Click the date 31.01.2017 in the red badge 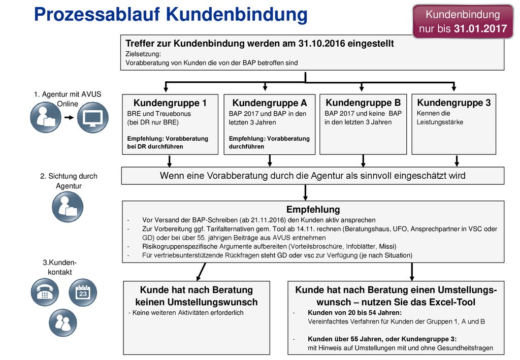point(480,29)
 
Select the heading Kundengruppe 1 point(170,103)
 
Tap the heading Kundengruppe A point(269,103)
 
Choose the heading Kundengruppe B point(363,103)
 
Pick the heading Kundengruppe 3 point(453,103)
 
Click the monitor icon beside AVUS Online point(93,117)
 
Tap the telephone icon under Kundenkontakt point(45,292)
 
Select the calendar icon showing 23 point(83,292)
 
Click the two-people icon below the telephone point(62,322)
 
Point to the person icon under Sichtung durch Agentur point(68,207)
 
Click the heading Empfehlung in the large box point(313,210)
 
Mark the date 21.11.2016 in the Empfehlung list point(268,220)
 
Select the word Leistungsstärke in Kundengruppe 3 point(440,122)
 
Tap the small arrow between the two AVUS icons point(69,117)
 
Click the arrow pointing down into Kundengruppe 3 point(453,86)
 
